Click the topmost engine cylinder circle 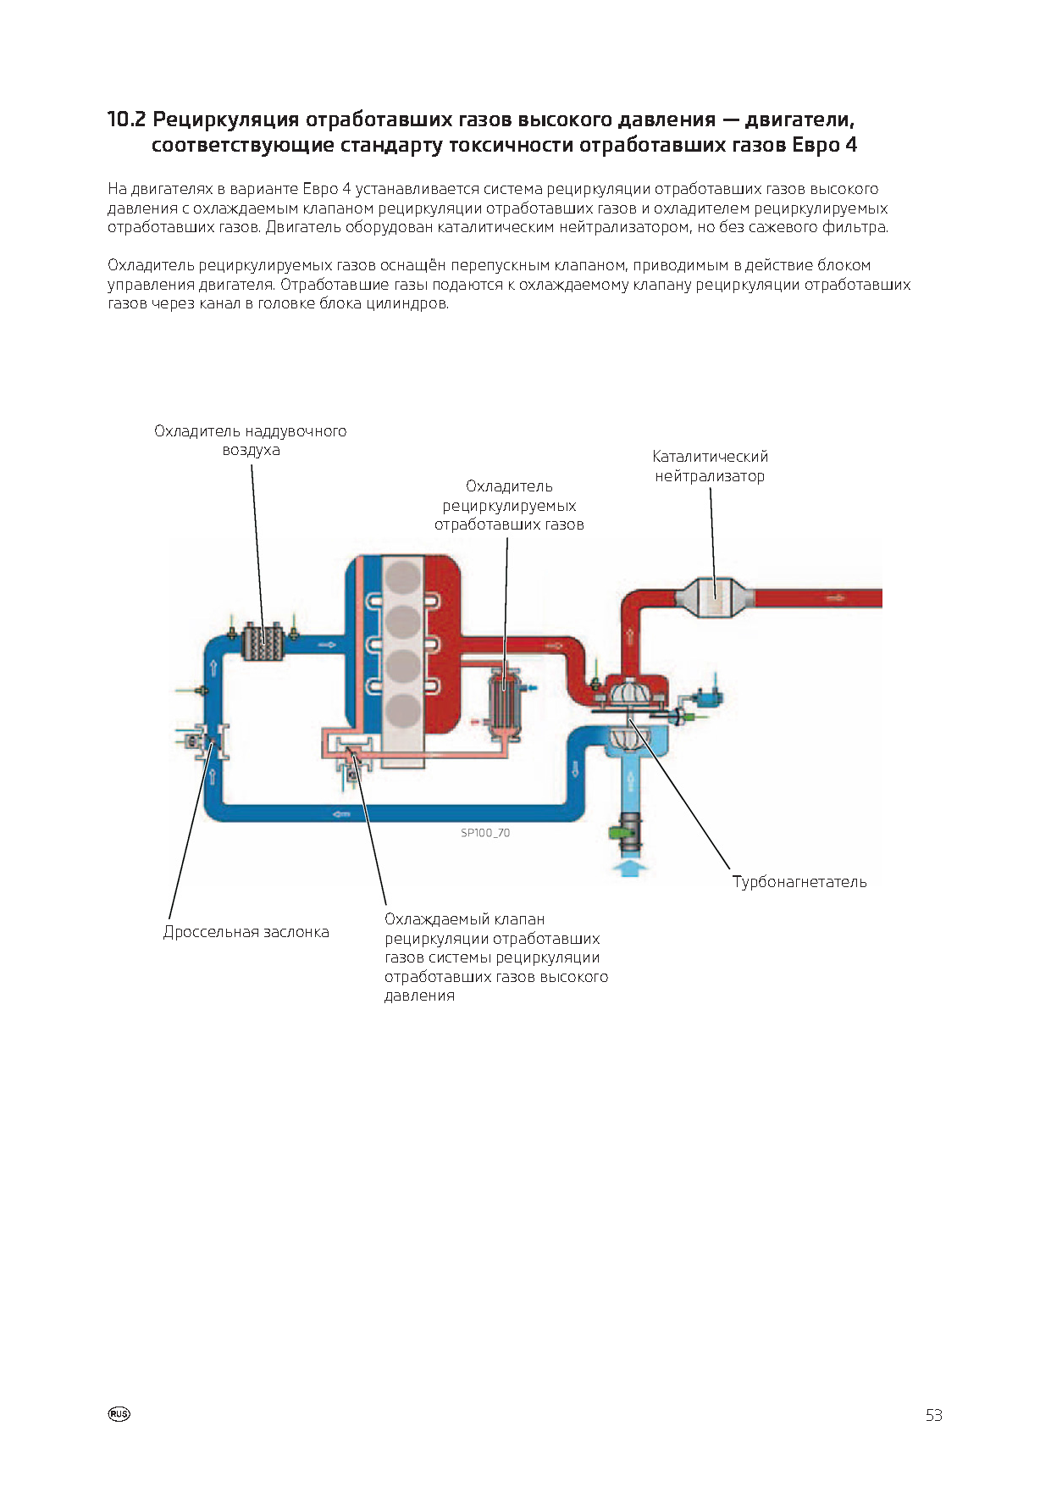click(x=403, y=580)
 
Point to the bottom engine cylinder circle click(x=403, y=713)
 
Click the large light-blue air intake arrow click(x=630, y=867)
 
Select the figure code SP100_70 click(x=485, y=833)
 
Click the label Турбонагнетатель click(x=799, y=881)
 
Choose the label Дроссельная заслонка click(x=246, y=932)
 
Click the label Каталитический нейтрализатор click(x=711, y=466)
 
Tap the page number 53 click(x=933, y=1415)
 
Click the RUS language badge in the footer click(x=119, y=1414)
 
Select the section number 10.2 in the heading click(x=126, y=119)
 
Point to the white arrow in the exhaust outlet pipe click(x=835, y=598)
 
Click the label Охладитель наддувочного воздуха click(x=251, y=441)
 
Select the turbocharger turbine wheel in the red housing click(x=630, y=691)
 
